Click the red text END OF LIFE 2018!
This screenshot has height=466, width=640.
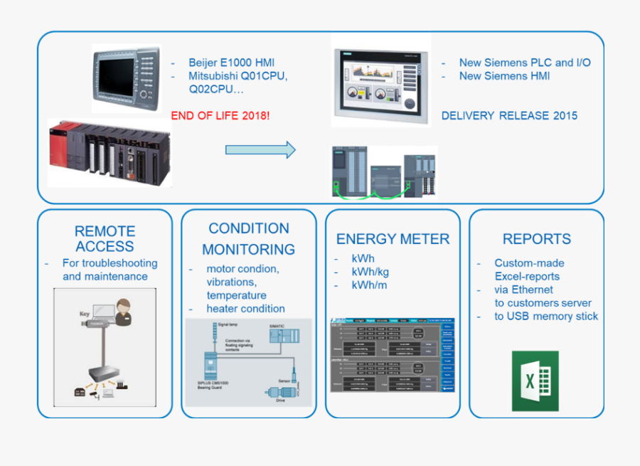click(x=220, y=115)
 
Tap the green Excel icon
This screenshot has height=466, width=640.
click(x=535, y=381)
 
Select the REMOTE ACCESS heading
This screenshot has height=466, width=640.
click(x=105, y=239)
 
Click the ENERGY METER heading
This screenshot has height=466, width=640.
click(x=393, y=239)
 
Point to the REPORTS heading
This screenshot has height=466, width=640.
click(x=536, y=239)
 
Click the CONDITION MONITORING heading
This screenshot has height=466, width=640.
click(x=248, y=239)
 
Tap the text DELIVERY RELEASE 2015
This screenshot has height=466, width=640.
click(x=509, y=115)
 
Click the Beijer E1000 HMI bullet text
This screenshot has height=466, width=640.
click(x=231, y=63)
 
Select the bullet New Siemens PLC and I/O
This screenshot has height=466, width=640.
click(x=524, y=63)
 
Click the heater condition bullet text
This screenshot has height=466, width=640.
click(x=245, y=309)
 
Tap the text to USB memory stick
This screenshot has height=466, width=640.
click(x=546, y=316)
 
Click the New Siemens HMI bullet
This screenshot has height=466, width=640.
click(x=504, y=76)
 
